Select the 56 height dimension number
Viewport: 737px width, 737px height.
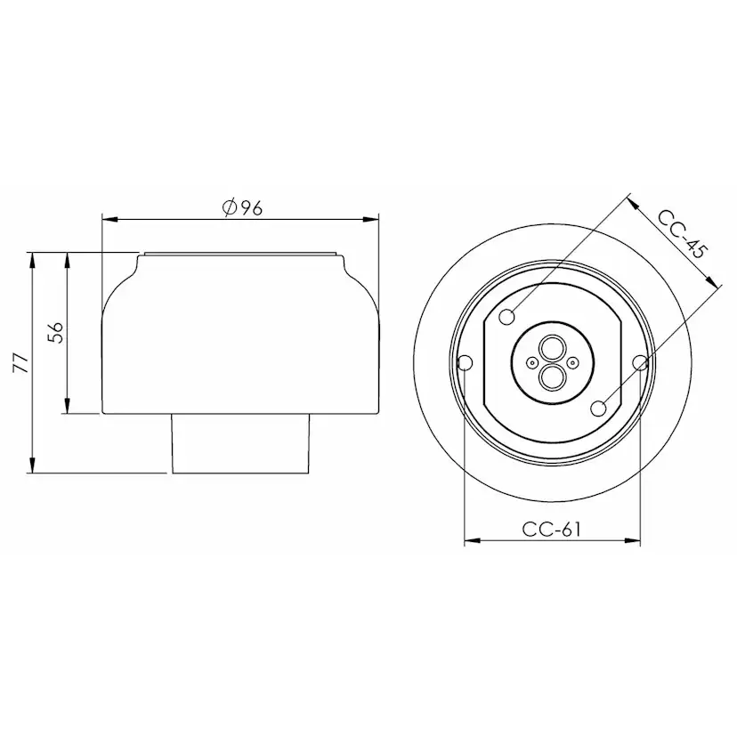click(x=55, y=332)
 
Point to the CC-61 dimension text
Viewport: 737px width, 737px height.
click(x=552, y=529)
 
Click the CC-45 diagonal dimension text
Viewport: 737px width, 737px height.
click(x=681, y=234)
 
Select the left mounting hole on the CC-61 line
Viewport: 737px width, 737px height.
click(x=464, y=362)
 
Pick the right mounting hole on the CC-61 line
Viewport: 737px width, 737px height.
click(x=640, y=362)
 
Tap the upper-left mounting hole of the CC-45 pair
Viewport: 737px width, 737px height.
click(x=508, y=316)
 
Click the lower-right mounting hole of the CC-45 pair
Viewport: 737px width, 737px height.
click(x=598, y=409)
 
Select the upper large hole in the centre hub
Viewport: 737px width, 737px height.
click(x=552, y=347)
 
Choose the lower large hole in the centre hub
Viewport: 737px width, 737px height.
click(x=552, y=377)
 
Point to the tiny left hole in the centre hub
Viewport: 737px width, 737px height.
click(x=532, y=362)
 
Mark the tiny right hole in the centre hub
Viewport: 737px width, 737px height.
click(x=572, y=362)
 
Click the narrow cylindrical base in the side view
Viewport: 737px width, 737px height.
click(x=240, y=442)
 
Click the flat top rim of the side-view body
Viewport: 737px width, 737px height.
click(x=240, y=255)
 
